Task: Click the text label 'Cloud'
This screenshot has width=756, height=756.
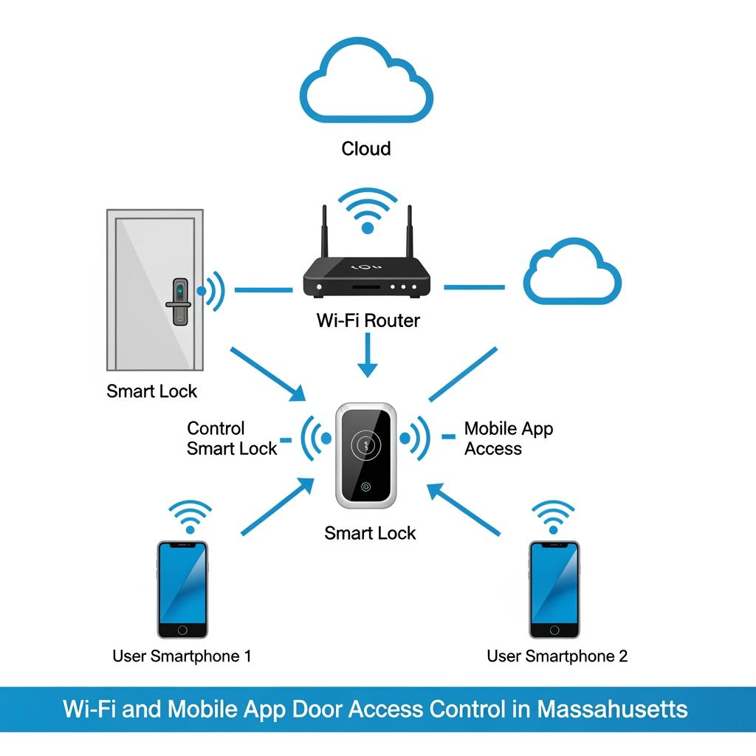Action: tap(366, 148)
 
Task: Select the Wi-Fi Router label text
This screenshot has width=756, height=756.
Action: tap(368, 320)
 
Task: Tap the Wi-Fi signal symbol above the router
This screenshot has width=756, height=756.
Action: tap(367, 211)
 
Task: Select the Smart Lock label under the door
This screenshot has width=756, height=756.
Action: tap(152, 391)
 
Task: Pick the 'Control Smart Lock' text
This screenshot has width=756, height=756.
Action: tap(231, 439)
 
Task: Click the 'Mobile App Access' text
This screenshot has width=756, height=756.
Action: tap(508, 439)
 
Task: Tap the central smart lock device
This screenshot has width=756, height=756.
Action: tap(366, 456)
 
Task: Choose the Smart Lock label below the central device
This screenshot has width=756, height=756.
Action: tap(370, 533)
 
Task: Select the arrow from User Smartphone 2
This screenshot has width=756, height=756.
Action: tap(465, 509)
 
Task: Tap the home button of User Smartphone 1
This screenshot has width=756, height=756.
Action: tap(182, 630)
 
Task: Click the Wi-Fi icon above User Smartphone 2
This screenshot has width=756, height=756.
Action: tap(553, 517)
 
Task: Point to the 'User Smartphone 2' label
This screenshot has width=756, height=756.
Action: tap(557, 656)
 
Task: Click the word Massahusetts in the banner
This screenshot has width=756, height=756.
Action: tap(612, 709)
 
